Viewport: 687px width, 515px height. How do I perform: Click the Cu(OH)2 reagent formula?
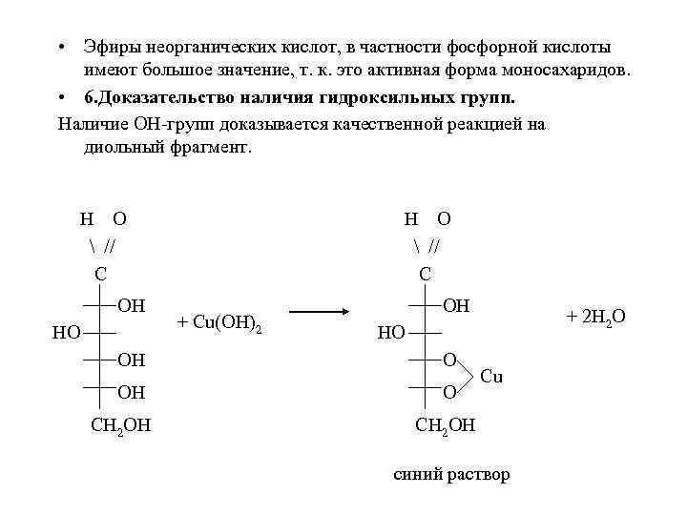219,322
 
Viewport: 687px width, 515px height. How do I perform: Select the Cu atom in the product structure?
491,376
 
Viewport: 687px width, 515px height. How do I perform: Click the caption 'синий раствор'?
452,474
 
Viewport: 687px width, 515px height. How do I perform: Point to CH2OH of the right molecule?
445,424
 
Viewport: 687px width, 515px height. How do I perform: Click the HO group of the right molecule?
391,333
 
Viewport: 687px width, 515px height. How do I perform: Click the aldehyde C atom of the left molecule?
100,274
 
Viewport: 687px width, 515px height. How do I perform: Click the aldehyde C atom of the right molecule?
426,274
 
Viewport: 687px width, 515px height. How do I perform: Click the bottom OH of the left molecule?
132,390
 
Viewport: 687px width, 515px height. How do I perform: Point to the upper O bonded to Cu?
450,360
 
